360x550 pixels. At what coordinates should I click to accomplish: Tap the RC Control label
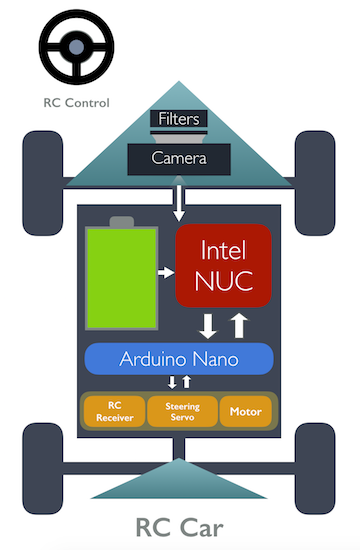click(77, 102)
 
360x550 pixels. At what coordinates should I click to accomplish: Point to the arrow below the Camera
click(179, 201)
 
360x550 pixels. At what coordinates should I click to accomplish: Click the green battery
click(121, 279)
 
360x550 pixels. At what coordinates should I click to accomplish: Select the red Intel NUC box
click(223, 264)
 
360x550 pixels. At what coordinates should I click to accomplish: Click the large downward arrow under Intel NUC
click(209, 325)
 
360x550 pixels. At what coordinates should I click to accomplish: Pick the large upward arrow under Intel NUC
click(238, 325)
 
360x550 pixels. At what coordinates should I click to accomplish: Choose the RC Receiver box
click(115, 411)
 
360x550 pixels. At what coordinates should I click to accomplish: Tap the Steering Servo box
click(181, 411)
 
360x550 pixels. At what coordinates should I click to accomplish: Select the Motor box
click(245, 411)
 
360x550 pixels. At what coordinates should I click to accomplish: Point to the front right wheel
click(314, 163)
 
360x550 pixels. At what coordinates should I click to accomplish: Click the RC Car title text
click(180, 526)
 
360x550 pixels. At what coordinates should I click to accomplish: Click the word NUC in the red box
click(223, 282)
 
